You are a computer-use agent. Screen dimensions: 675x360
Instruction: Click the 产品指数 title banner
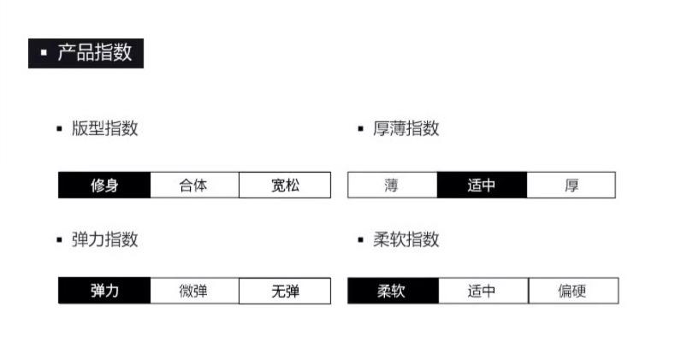(86, 53)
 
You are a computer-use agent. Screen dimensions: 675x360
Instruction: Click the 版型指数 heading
(104, 128)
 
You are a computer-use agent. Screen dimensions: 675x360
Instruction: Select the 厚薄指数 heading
(406, 128)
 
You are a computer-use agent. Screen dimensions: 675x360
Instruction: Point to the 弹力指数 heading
(104, 239)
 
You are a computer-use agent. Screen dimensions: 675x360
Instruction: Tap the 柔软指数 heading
(406, 239)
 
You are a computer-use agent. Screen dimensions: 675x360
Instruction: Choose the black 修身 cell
(104, 185)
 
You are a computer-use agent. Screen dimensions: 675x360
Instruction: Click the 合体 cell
(194, 185)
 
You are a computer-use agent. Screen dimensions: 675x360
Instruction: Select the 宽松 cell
(285, 185)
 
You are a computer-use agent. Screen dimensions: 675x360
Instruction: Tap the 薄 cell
(392, 185)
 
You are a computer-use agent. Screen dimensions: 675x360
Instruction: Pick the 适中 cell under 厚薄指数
(482, 185)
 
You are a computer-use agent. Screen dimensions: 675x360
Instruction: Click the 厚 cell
(571, 185)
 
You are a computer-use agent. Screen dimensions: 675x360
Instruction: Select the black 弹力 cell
(104, 291)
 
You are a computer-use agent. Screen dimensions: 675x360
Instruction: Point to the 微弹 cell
(194, 291)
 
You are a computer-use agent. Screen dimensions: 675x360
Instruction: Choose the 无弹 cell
(285, 291)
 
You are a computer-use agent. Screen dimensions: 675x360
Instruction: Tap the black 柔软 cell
(392, 291)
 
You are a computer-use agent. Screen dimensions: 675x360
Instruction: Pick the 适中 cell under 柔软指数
(483, 291)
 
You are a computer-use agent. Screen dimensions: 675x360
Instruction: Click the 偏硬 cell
(572, 291)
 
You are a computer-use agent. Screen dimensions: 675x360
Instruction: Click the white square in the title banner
(44, 54)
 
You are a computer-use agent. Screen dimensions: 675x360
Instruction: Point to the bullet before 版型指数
(59, 129)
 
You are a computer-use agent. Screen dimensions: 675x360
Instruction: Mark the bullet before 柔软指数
(361, 240)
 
